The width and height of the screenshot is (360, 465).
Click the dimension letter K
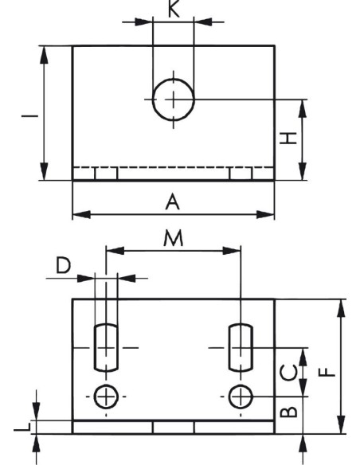point(174,9)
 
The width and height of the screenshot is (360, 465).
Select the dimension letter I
point(30,115)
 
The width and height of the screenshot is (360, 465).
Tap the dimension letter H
point(288,139)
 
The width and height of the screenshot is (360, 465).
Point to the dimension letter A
point(173,202)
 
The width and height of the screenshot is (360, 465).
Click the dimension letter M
point(174,239)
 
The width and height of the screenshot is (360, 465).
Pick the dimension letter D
point(64,265)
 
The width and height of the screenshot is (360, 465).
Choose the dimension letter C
point(289,373)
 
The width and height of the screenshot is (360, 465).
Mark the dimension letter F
point(327,372)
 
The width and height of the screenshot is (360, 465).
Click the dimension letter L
point(22,427)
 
